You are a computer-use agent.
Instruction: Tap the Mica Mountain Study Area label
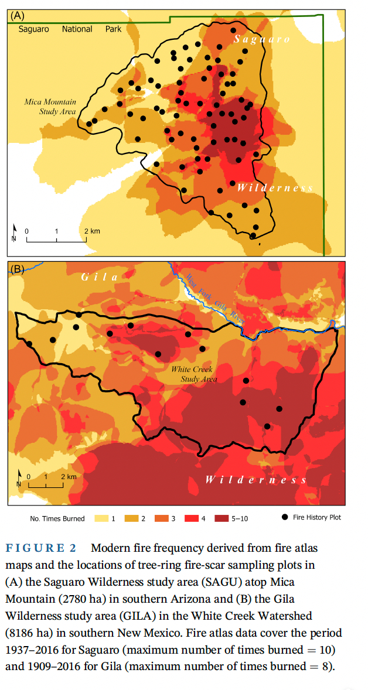coord(50,106)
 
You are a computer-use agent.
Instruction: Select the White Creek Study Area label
coord(193,374)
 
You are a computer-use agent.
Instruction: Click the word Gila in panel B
coord(99,276)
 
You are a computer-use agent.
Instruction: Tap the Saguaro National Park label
coord(70,29)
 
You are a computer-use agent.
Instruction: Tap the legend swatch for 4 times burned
coord(192,518)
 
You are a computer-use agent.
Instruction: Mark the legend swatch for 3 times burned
coord(161,518)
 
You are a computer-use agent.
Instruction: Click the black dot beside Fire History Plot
coord(285,517)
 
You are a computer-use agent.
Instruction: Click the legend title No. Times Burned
coord(57,518)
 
